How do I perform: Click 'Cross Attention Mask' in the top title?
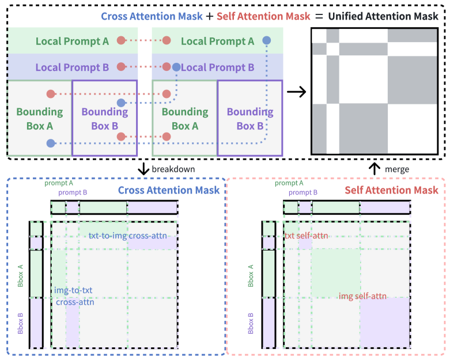152,16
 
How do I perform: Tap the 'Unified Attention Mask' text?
383,16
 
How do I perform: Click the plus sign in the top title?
209,16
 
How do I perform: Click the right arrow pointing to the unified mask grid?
296,91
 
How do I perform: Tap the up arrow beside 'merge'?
375,169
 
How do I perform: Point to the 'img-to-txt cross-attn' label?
75,295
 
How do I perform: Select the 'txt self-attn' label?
306,236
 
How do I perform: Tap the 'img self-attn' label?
362,296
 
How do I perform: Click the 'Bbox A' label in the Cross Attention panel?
21,273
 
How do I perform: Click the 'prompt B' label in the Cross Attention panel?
73,192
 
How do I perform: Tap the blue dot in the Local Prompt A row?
266,40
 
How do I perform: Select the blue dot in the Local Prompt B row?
176,67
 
